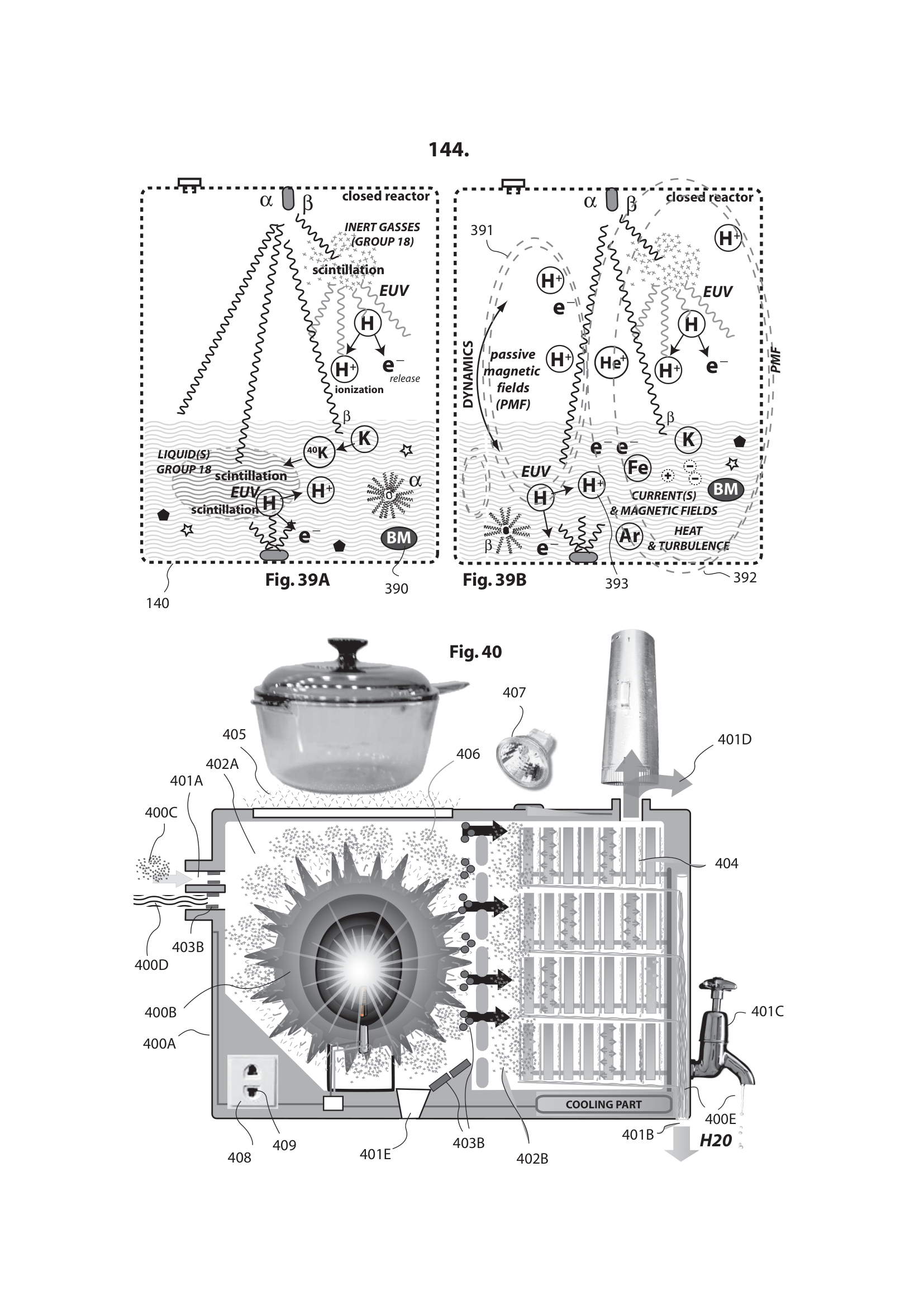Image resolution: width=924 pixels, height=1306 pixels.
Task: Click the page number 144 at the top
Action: pos(449,150)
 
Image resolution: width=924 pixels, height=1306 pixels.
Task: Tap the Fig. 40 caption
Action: pos(475,651)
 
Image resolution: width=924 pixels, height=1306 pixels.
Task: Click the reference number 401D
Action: pos(734,739)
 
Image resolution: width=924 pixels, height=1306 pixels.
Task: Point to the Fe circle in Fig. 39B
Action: pos(637,467)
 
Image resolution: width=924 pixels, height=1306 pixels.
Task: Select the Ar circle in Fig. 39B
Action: pos(629,536)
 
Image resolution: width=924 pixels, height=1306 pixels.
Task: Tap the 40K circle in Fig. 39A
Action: pos(319,452)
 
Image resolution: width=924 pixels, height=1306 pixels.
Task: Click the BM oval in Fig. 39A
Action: pos(398,538)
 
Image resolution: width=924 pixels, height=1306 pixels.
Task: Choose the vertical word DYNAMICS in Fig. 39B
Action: pos(468,374)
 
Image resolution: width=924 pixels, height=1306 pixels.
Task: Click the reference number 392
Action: pos(744,578)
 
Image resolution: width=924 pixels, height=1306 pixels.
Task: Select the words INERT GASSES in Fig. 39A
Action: pos(382,227)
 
